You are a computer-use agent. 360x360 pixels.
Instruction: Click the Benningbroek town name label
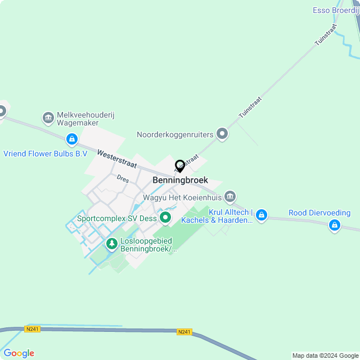[180, 180]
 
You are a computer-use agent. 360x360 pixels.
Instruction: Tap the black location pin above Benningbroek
[180, 166]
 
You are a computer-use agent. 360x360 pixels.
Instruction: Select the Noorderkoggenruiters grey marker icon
[222, 134]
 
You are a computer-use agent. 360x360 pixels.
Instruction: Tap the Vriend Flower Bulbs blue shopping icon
[71, 138]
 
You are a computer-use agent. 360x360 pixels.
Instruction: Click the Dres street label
[123, 179]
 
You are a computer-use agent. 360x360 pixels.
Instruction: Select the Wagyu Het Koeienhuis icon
[229, 196]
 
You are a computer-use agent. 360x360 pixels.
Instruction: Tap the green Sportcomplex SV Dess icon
[165, 217]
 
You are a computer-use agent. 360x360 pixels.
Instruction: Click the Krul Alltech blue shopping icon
[262, 214]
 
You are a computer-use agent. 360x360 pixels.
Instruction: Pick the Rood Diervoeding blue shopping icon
[335, 226]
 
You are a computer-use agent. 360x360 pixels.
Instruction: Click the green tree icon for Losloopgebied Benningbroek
[111, 244]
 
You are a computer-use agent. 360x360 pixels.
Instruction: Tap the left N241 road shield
[33, 329]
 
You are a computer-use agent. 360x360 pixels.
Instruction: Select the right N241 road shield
[184, 332]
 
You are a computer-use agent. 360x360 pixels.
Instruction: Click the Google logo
[19, 353]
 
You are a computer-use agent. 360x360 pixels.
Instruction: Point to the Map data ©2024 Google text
[325, 355]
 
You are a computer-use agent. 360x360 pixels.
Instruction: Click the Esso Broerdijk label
[335, 10]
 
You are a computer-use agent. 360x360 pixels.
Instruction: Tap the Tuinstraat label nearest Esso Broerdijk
[327, 34]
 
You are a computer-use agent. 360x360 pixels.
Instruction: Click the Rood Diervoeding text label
[319, 213]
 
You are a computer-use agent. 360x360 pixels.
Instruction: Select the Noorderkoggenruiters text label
[175, 134]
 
